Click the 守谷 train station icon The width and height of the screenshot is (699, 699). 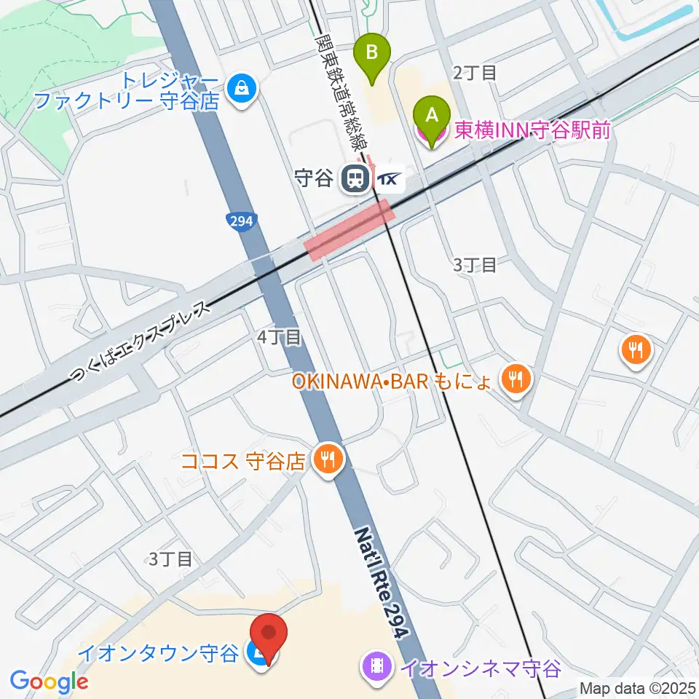[x=356, y=178]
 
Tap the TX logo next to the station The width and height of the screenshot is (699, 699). [x=388, y=179]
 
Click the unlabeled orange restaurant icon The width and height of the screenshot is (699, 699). [x=636, y=351]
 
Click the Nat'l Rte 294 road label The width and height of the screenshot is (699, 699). [x=379, y=582]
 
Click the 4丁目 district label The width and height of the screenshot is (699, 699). [x=279, y=336]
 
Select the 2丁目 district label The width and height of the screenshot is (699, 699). [x=475, y=72]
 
